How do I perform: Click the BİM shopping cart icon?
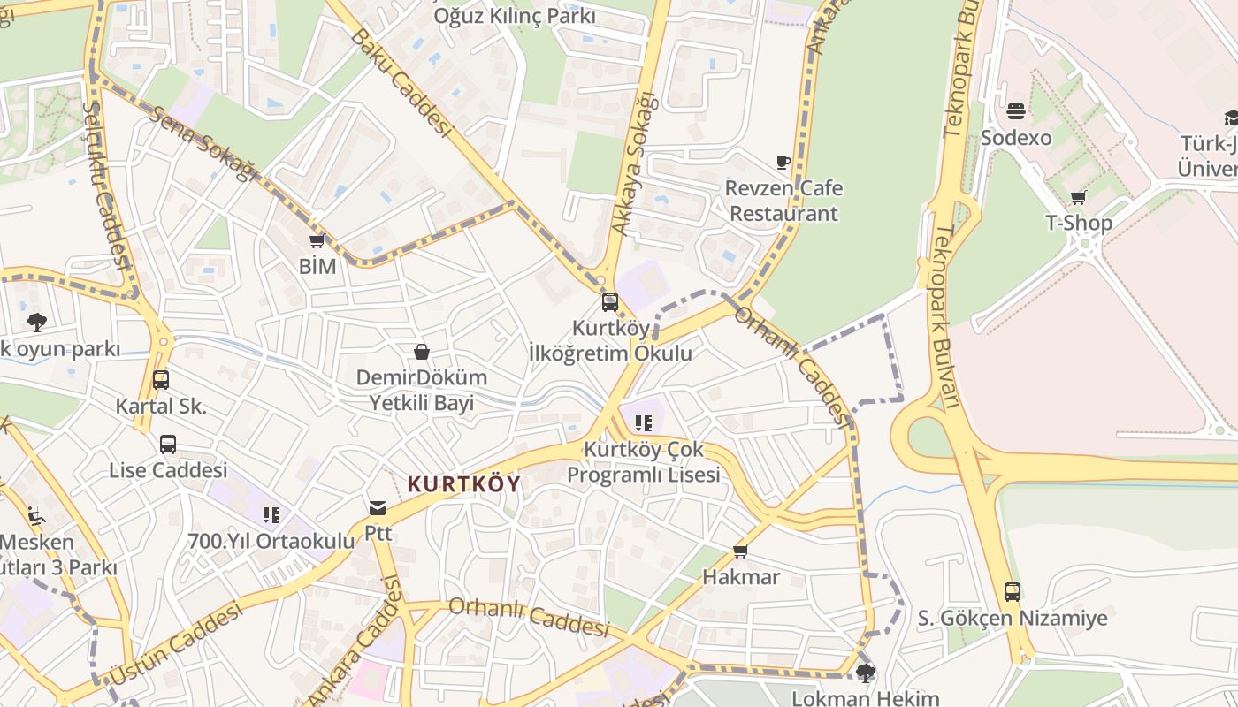317,240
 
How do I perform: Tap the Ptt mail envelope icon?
378,508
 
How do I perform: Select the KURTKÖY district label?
463,483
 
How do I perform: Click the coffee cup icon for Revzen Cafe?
783,162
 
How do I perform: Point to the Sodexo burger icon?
1015,111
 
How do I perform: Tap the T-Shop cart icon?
1077,197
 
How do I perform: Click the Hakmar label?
741,577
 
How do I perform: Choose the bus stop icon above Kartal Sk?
160,380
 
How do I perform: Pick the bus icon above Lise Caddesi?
167,445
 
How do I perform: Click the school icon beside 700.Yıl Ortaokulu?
271,514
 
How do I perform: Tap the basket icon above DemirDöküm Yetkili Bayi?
422,352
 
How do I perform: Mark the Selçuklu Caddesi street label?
105,186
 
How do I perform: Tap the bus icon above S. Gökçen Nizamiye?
1012,591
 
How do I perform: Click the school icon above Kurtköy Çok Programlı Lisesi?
643,423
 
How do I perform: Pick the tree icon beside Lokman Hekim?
865,673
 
